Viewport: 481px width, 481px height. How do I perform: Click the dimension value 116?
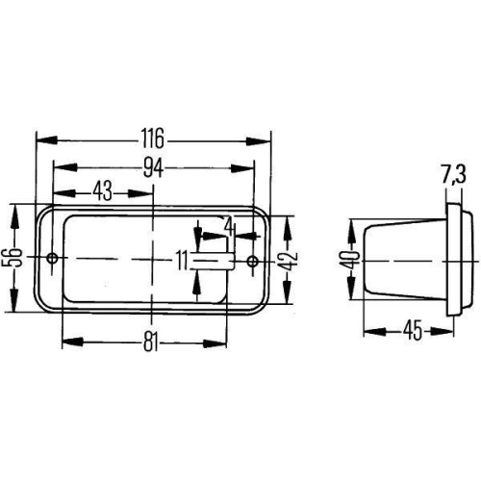point(153,136)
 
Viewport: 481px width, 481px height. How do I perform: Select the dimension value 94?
point(153,166)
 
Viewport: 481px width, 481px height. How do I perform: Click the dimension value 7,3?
point(454,175)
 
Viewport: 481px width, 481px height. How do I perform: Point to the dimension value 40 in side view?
point(350,258)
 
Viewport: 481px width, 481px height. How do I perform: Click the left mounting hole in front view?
point(52,258)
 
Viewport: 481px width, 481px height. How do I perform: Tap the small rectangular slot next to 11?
point(214,259)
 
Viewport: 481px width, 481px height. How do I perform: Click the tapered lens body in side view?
point(404,258)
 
